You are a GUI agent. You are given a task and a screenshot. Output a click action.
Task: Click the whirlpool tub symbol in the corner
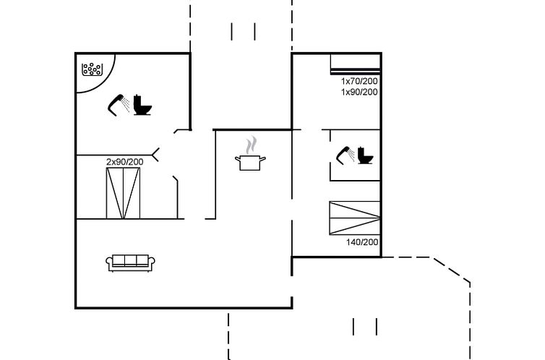[92, 69]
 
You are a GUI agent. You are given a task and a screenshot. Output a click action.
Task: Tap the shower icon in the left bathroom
[118, 105]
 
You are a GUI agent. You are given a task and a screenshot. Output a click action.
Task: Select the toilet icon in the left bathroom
[142, 105]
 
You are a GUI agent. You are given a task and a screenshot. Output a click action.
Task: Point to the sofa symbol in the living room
[130, 263]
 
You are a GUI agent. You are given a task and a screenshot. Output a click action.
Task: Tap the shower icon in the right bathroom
[346, 155]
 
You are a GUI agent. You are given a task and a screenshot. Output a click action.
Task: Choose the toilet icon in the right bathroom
[365, 155]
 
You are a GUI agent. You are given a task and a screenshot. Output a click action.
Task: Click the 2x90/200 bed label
[125, 162]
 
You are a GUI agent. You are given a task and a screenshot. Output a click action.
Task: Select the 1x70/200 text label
[359, 81]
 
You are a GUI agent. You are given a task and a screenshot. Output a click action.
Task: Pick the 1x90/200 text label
[359, 92]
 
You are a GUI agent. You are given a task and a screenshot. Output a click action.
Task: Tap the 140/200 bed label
[362, 242]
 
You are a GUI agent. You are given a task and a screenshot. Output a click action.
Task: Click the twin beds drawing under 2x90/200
[123, 193]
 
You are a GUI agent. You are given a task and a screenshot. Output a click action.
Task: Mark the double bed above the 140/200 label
[355, 218]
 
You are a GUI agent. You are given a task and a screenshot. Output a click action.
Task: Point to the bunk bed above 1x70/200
[355, 64]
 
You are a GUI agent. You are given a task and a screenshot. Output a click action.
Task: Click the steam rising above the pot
[252, 145]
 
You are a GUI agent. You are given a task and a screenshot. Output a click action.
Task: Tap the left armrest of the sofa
[109, 262]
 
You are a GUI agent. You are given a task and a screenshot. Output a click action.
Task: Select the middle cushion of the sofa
[130, 260]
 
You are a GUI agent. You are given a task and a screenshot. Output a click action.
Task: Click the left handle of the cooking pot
[238, 160]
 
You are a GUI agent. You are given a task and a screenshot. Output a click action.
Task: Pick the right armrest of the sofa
[152, 262]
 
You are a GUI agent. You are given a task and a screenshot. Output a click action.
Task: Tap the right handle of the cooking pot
[263, 160]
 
